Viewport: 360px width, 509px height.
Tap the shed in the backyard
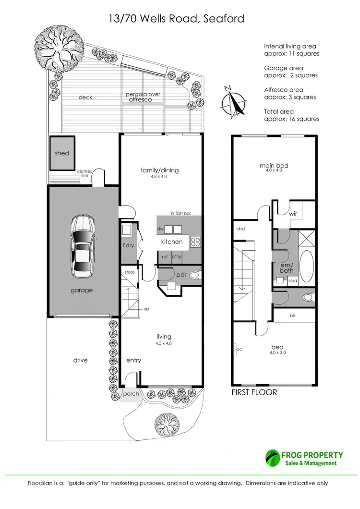click(62, 153)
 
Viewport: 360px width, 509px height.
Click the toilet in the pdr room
click(195, 276)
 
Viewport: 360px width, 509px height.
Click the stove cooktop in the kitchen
click(195, 242)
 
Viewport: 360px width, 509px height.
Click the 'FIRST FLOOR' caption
click(254, 392)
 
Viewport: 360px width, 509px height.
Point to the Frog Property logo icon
click(273, 459)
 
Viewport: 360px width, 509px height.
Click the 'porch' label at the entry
click(131, 394)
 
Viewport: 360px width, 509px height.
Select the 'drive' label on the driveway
click(81, 360)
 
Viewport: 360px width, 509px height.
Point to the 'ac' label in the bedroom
click(238, 350)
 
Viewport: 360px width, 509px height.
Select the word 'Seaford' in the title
click(225, 19)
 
